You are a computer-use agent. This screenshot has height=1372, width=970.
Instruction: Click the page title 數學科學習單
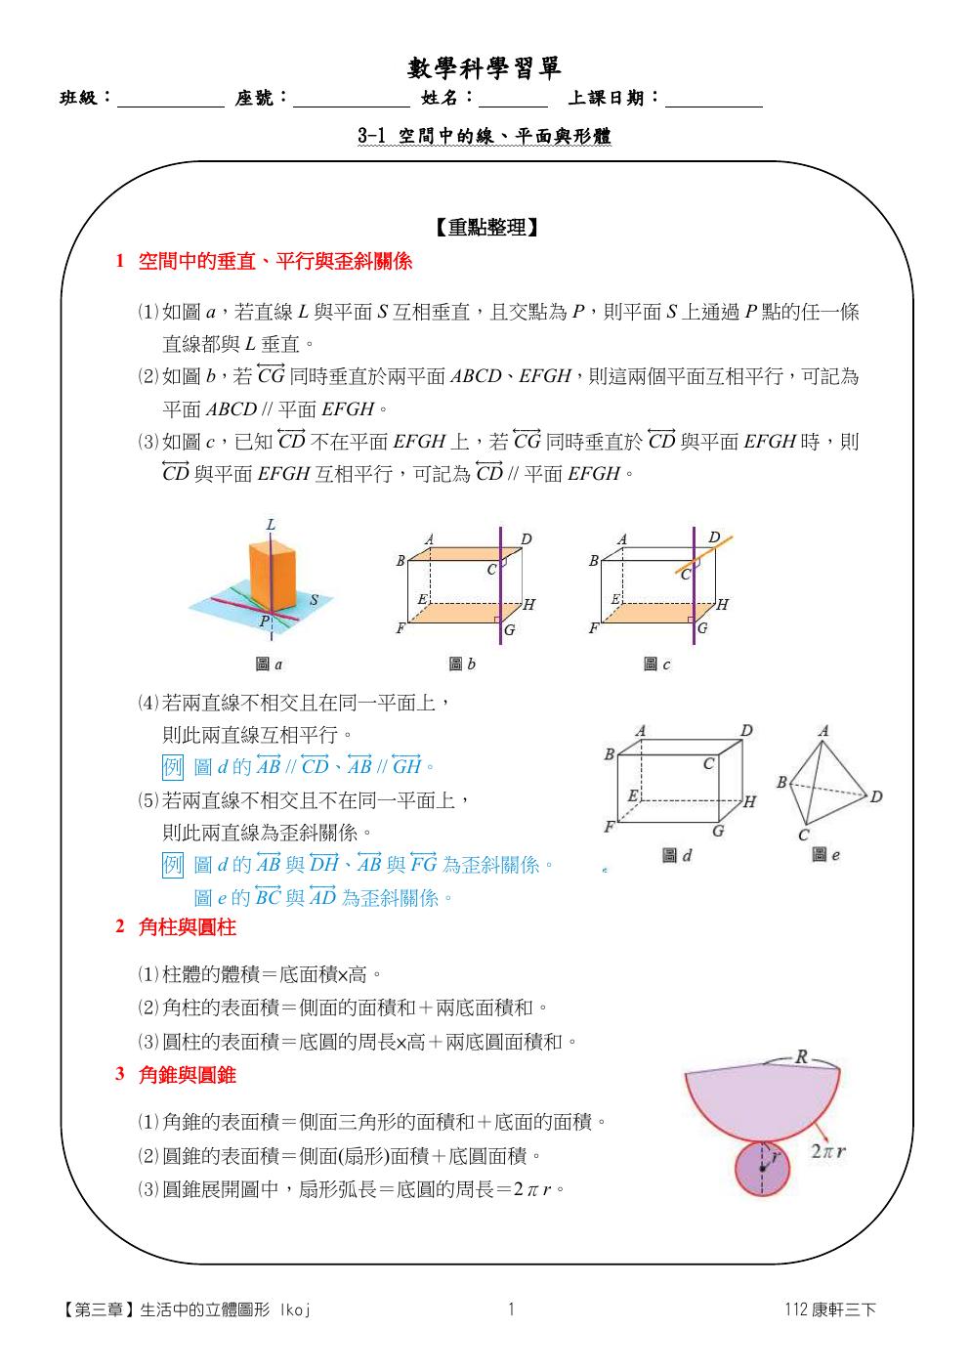pos(485,68)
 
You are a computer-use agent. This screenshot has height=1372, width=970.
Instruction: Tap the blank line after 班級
pos(171,107)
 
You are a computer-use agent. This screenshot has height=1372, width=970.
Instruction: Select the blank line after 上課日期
pos(714,107)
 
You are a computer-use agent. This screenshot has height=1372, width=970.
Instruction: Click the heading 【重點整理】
pos(486,228)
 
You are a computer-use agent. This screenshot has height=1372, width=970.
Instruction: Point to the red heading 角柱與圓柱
pos(188,926)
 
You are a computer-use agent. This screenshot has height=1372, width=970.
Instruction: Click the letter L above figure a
pos(270,525)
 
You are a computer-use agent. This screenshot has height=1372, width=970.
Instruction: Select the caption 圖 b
pos(462,664)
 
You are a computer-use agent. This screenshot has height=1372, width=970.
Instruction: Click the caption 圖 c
pos(656,664)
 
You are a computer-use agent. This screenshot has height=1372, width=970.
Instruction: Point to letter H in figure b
pos(529,605)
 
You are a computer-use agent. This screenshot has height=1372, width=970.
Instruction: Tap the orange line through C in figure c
pos(704,554)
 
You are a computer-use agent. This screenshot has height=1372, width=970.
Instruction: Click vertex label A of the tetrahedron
pos(823,731)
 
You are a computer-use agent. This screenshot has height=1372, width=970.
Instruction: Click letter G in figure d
pos(718,831)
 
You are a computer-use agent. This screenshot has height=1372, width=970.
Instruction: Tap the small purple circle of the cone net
pos(762,1169)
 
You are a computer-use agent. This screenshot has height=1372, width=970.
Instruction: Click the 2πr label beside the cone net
pos(828,1151)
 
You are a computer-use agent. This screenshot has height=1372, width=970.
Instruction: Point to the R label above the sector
pos(801,1056)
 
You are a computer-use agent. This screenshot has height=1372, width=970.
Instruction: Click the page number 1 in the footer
pos(511,1308)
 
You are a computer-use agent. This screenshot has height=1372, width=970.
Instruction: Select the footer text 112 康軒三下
pos(830,1309)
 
